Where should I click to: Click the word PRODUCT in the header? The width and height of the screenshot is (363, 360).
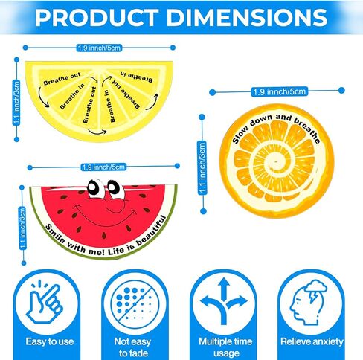pos(97,18)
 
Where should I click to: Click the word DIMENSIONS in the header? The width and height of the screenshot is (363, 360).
pos(247,18)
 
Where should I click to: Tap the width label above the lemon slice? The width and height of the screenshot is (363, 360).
pos(99,48)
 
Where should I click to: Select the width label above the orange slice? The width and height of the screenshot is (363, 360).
pos(280,91)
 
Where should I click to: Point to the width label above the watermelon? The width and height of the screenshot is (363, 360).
pos(103,167)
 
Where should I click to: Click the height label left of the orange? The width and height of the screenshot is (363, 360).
pos(202,167)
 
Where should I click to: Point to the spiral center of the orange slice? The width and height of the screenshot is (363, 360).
pos(274,162)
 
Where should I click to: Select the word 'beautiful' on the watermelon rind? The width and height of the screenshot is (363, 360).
pos(151,231)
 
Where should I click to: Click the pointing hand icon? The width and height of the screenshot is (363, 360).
pos(45,302)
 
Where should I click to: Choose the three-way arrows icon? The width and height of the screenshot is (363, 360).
pos(224,300)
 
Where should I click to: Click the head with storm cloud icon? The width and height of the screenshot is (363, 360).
pos(308,302)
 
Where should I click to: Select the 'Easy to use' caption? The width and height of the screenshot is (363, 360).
pos(50,341)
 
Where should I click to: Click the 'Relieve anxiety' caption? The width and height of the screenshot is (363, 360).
pos(312,341)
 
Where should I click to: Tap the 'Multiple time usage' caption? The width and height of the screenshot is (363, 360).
pos(225,347)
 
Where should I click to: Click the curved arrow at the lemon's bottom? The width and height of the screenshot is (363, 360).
pos(97,132)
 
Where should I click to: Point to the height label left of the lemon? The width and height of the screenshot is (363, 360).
pos(16,103)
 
